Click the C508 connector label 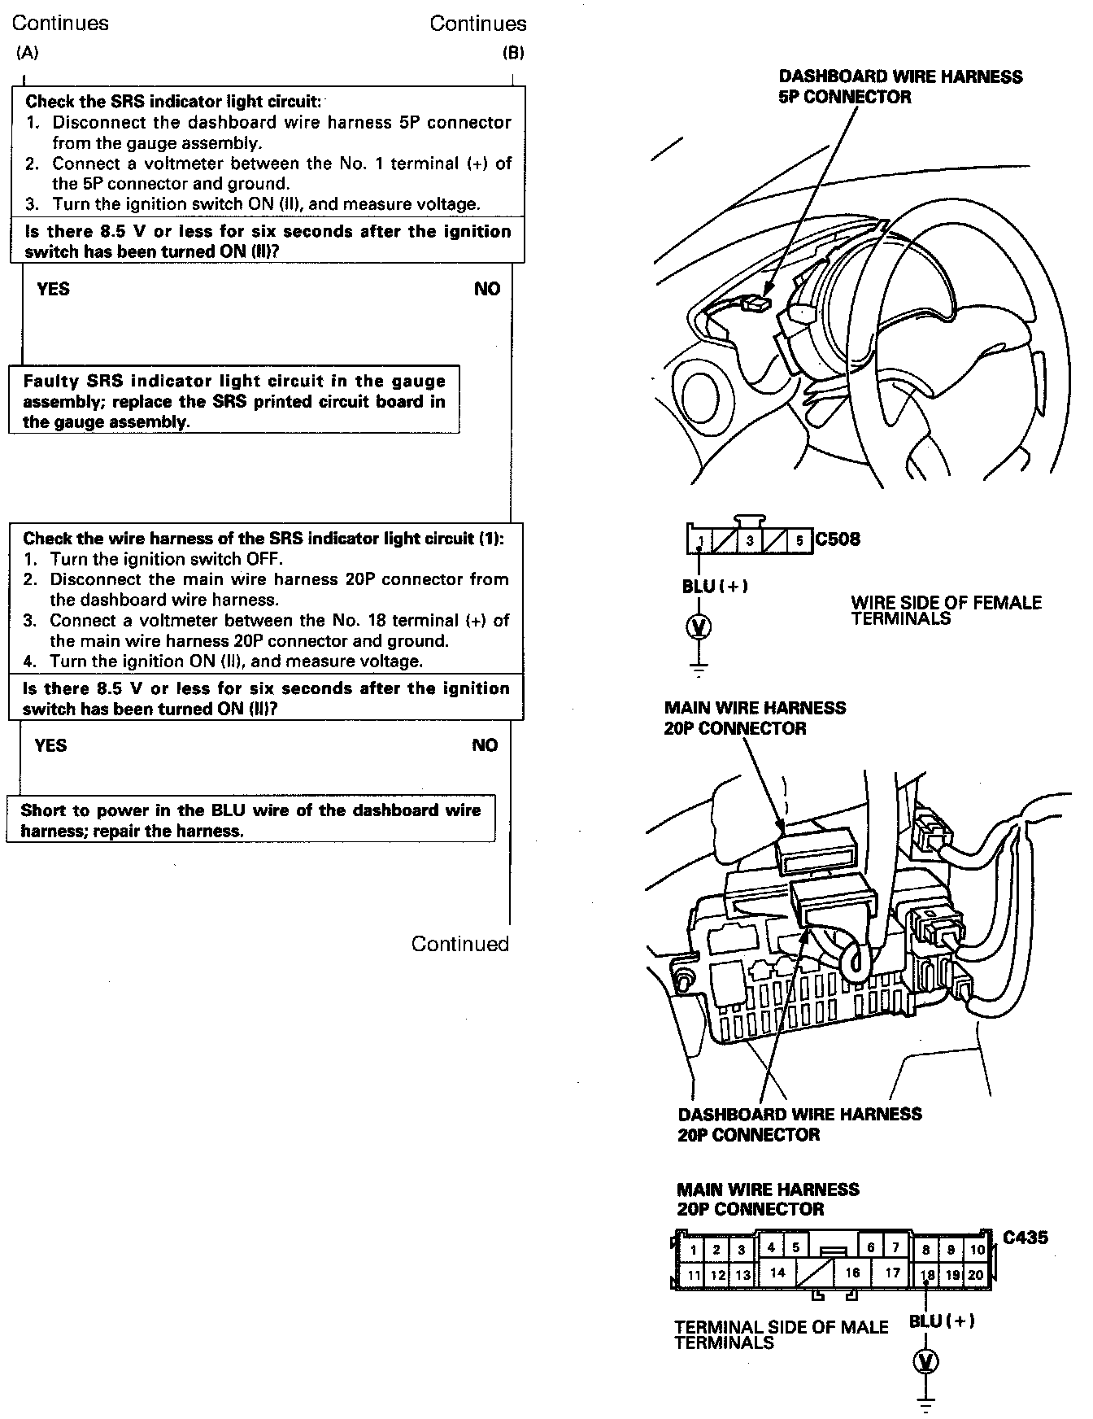tap(837, 539)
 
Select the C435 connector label tap(1025, 1238)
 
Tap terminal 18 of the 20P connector tap(927, 1276)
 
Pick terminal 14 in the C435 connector tap(777, 1273)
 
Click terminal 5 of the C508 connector tap(799, 540)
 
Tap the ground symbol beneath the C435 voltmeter tap(926, 1403)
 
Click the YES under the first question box tap(53, 289)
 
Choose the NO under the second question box tap(485, 745)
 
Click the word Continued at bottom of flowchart tap(459, 944)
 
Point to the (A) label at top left tap(27, 53)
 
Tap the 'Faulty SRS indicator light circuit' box tap(234, 401)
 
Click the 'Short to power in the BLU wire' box tap(250, 820)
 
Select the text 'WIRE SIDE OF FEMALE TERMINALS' tap(946, 610)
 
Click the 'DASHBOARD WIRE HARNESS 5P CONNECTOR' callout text tap(900, 86)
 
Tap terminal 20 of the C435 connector tap(975, 1276)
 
